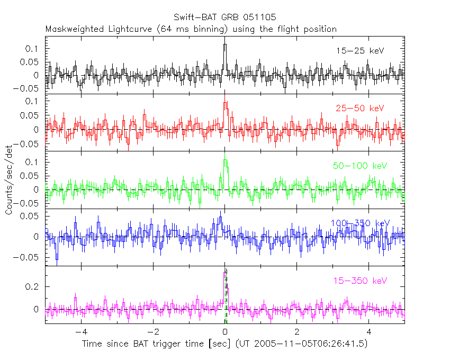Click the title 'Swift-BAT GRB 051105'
click(x=224, y=17)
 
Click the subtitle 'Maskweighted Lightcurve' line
click(x=191, y=29)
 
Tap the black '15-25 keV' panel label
click(x=360, y=51)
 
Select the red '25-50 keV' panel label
click(x=360, y=109)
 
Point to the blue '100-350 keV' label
click(x=360, y=223)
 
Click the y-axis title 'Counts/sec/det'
click(x=9, y=180)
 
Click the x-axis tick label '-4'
click(x=79, y=332)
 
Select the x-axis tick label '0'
click(x=225, y=332)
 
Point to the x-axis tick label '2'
click(x=297, y=332)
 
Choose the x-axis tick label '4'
click(x=369, y=332)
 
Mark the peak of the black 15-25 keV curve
click(x=225, y=44)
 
